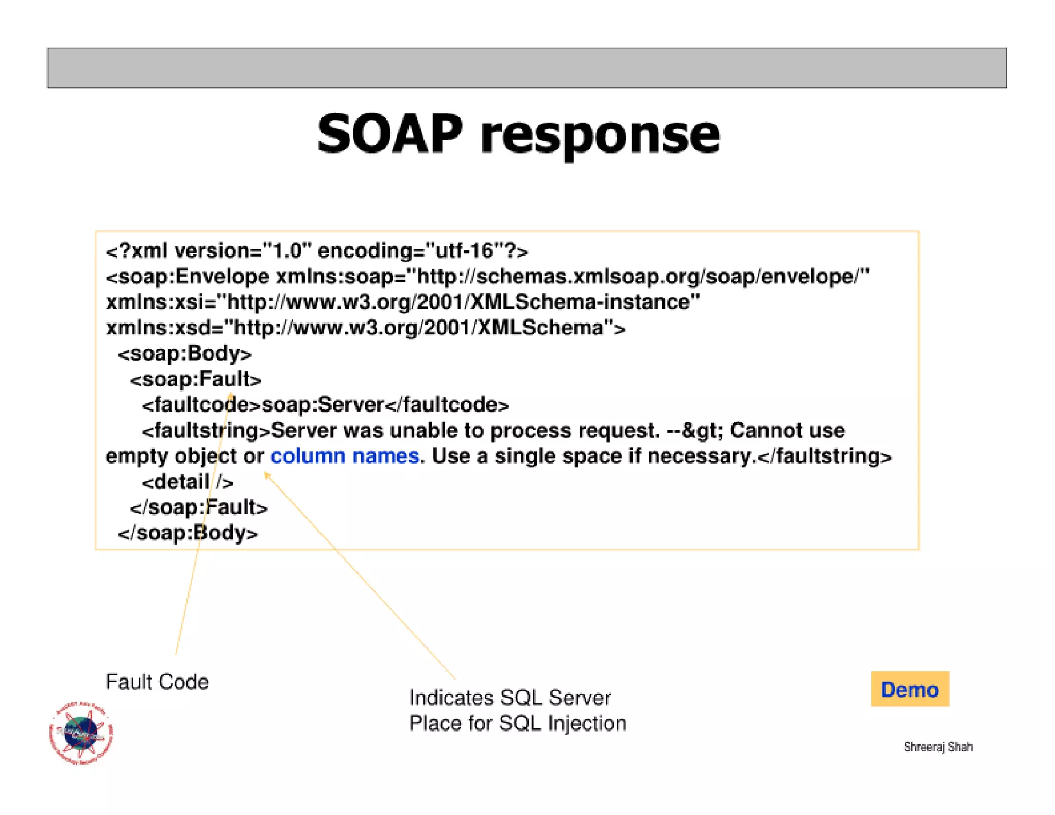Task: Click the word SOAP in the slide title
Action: [390, 135]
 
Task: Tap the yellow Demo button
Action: [909, 689]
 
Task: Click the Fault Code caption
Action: [157, 682]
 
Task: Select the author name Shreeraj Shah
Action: [938, 746]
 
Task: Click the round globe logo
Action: [81, 733]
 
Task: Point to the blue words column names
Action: [344, 456]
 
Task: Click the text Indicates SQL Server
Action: [509, 698]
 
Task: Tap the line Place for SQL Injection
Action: [517, 723]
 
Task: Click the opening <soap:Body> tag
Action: [184, 353]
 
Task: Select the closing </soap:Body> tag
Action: [188, 533]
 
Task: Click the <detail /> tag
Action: [188, 482]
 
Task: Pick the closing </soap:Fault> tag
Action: [199, 507]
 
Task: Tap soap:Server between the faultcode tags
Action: [323, 405]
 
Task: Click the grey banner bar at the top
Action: [526, 68]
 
